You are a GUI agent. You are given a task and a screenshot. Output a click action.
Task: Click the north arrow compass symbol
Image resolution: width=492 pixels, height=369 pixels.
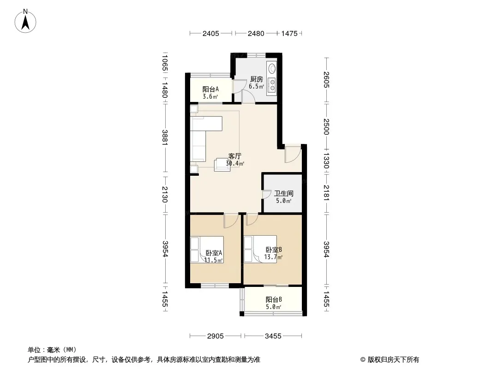tap(25, 21)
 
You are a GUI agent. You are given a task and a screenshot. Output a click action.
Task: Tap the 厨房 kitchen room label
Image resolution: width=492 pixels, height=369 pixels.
tap(256, 79)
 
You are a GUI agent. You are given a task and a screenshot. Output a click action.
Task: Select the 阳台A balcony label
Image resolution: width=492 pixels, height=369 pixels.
tap(210, 89)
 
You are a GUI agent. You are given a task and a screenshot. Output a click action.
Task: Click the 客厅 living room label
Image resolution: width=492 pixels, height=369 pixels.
tap(235, 156)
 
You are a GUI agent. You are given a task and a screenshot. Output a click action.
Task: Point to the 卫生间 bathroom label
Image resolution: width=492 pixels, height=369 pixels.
tap(284, 193)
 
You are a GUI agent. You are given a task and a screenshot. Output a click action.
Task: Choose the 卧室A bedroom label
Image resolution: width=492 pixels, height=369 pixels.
tap(214, 253)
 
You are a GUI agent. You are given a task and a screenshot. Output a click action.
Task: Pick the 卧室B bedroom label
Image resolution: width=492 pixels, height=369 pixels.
tap(274, 250)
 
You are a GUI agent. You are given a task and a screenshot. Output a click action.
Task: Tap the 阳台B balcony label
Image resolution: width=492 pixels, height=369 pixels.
tap(274, 299)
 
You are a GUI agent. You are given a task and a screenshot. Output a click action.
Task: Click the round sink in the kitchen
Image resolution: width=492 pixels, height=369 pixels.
tap(272, 68)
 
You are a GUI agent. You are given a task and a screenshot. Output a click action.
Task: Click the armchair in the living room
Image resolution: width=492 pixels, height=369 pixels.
tap(222, 165)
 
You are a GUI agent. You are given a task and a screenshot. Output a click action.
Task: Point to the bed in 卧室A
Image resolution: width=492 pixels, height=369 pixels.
tap(207, 250)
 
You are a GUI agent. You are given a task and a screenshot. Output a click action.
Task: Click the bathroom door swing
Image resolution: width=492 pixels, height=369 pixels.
tap(267, 194)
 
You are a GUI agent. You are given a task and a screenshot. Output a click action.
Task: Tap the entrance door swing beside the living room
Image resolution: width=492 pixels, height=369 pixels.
tap(293, 155)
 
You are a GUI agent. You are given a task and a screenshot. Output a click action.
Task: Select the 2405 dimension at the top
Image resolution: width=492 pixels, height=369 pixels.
tap(210, 33)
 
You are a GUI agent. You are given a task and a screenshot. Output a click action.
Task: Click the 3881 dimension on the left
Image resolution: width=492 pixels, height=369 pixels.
tap(165, 137)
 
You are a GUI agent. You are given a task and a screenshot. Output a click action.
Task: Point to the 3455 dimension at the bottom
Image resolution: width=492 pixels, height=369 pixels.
tap(273, 336)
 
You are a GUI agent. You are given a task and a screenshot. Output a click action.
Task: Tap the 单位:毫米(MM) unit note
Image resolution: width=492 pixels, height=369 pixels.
tap(52, 350)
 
